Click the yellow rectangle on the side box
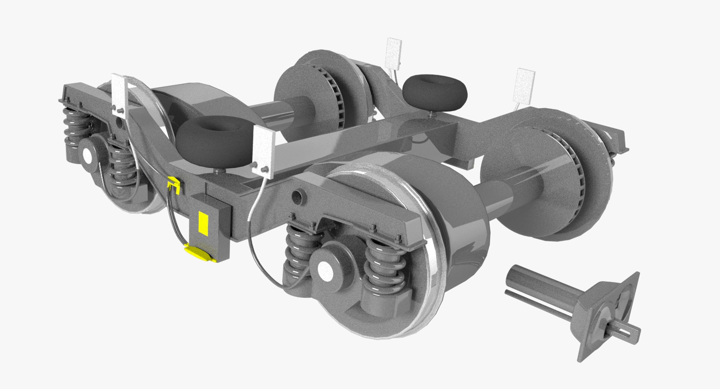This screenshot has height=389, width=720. click(203, 223)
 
